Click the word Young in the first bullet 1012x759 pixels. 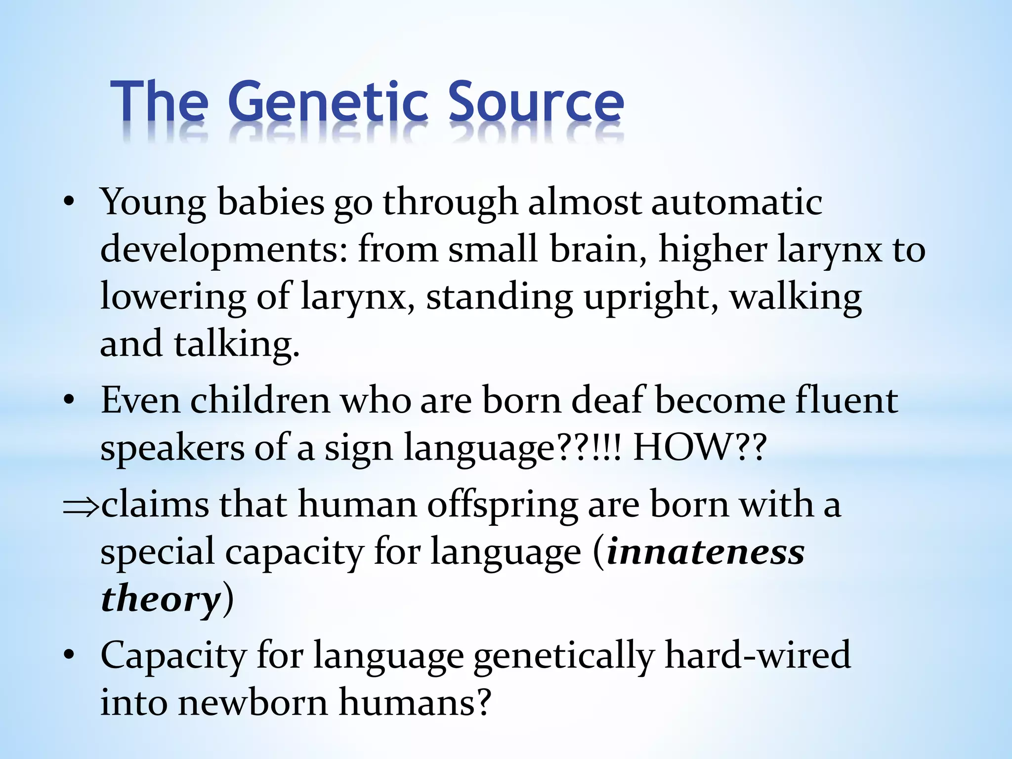(x=153, y=203)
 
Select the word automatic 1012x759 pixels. (x=737, y=203)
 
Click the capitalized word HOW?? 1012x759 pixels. (x=700, y=448)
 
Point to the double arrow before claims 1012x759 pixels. (x=82, y=507)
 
